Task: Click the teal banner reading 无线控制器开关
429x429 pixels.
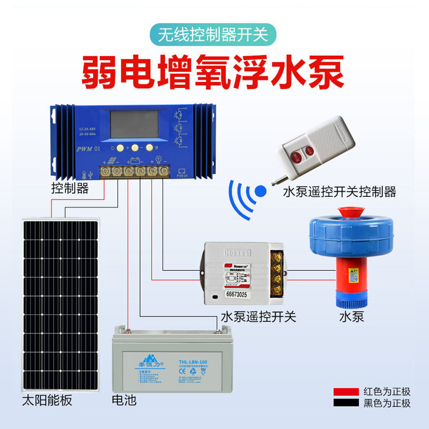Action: coord(213,35)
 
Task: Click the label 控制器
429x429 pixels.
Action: coord(70,189)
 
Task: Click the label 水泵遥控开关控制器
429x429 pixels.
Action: coord(339,191)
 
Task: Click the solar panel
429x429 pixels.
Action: coord(60,303)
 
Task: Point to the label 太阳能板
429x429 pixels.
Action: coord(47,401)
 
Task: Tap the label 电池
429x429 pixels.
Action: coord(124,401)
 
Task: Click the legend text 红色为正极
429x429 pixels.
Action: coord(387,391)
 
